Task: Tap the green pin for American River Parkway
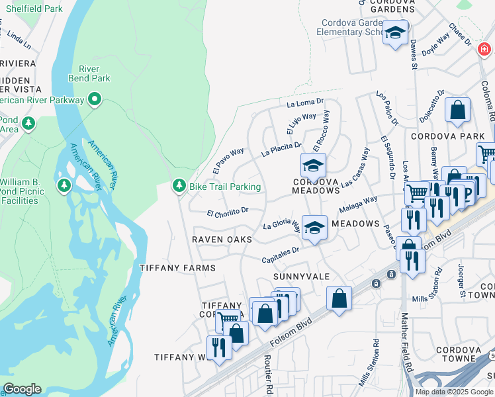point(95,100)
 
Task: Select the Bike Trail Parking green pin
point(178,187)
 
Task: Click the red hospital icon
point(484,50)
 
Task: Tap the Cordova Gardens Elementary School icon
point(395,33)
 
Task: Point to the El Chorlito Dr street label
point(227,213)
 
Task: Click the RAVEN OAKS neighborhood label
point(222,239)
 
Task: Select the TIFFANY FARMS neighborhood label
point(177,268)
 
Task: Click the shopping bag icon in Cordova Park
point(457,110)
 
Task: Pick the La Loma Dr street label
point(305,103)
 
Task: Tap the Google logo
point(21,389)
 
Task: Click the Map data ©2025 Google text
point(453,392)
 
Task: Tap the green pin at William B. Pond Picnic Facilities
point(64,184)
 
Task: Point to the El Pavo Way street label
point(228,161)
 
